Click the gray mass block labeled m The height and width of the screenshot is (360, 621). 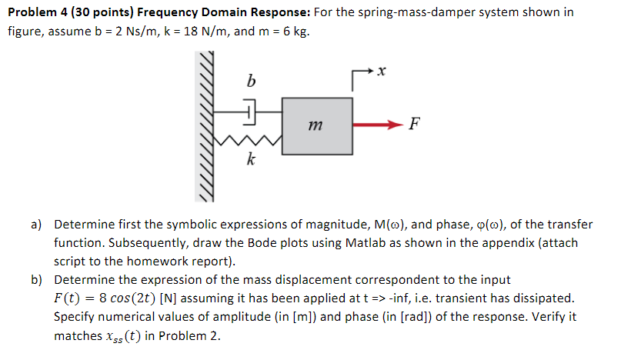tap(318, 125)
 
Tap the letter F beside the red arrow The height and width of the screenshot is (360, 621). tap(416, 125)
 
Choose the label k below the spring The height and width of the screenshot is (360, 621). tap(250, 161)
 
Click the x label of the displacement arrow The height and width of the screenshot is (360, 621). tap(382, 71)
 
